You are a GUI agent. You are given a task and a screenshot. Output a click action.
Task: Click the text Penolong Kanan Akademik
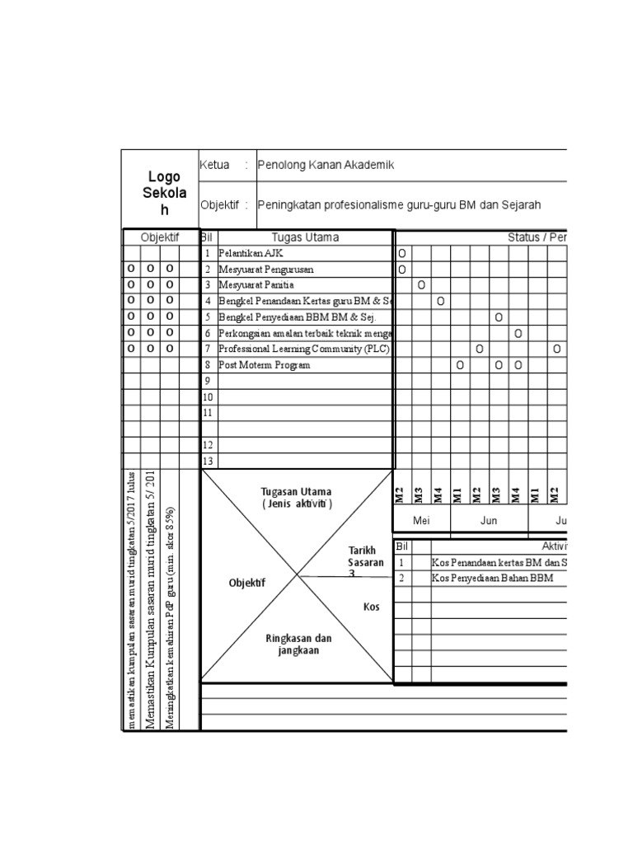(x=326, y=165)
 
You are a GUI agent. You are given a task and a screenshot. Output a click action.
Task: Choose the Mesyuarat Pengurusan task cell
(x=265, y=270)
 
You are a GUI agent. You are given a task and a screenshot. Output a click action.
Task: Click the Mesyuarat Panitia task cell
(x=256, y=285)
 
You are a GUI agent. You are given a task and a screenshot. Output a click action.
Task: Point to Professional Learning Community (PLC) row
(x=303, y=349)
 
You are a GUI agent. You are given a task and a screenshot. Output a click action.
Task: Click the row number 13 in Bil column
(x=208, y=461)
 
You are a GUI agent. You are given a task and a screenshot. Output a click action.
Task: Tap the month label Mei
(x=421, y=521)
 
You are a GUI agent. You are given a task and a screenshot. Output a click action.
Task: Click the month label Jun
(x=488, y=521)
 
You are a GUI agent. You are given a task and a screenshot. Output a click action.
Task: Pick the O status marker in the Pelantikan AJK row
(x=402, y=254)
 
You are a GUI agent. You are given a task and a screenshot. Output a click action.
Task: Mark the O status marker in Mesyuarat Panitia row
(x=421, y=285)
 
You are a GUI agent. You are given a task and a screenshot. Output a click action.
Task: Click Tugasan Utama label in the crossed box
(x=298, y=498)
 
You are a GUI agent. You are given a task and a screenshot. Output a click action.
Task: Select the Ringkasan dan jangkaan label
(x=298, y=644)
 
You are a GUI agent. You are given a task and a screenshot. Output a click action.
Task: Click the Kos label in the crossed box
(x=372, y=607)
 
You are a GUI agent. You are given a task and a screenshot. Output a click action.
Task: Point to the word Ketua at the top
(x=214, y=165)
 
